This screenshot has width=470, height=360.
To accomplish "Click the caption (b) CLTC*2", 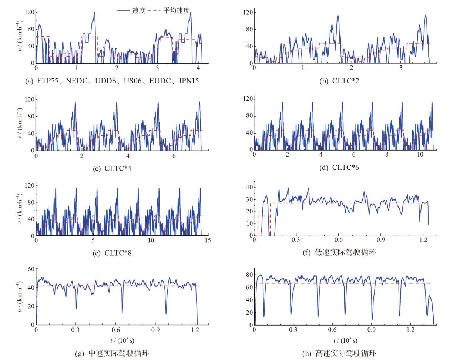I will click(339, 81).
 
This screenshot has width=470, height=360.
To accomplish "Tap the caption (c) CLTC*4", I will click(112, 168).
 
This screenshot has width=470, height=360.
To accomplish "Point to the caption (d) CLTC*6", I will click(339, 168).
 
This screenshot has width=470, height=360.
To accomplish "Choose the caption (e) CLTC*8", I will click(112, 253).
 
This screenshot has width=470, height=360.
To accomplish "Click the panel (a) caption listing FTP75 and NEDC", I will click(112, 81).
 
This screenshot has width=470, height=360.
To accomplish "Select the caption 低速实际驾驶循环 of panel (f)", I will click(339, 252).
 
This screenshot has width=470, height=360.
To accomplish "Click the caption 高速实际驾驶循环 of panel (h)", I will click(339, 353).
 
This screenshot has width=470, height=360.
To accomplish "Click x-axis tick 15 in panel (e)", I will click(208, 240).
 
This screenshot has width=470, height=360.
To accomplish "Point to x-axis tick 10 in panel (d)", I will click(420, 155).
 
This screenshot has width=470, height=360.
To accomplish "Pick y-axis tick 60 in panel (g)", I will click(31, 269).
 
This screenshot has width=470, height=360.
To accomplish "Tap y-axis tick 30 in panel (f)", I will click(249, 199).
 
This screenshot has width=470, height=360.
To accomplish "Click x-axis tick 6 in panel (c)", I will click(174, 156).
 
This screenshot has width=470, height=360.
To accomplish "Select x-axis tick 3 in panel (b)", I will click(401, 68).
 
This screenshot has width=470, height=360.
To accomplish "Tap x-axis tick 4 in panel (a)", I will click(198, 68).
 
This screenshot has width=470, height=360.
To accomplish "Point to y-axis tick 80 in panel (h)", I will click(249, 275).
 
